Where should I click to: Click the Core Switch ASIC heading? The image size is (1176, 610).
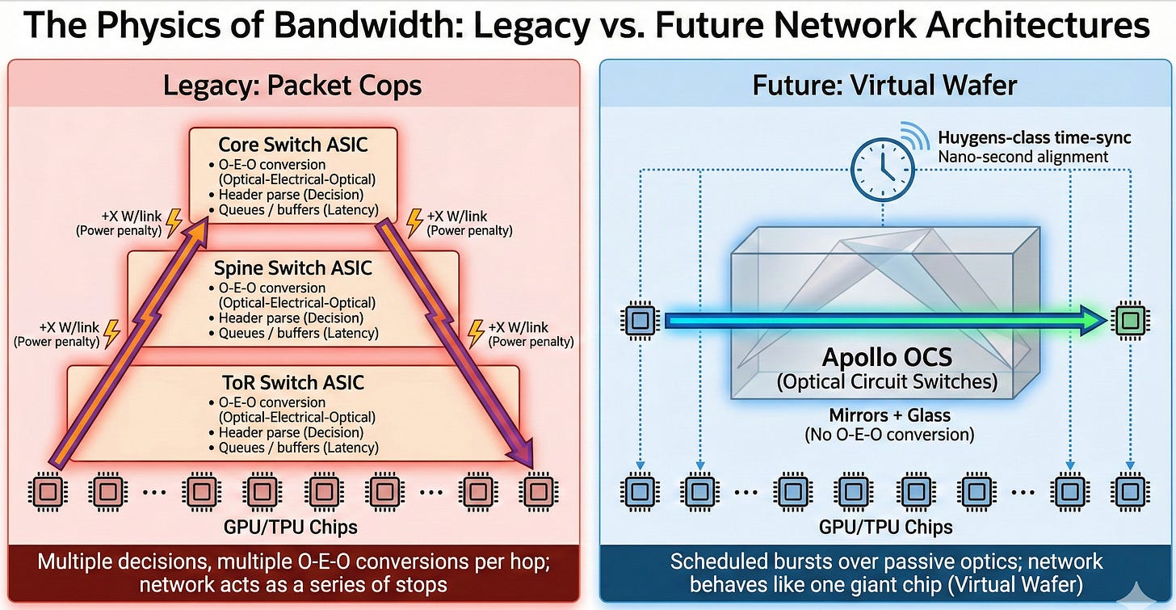point(293,145)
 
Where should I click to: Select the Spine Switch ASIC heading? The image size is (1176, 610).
point(293,267)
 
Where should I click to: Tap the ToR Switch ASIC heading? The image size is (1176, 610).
point(293,382)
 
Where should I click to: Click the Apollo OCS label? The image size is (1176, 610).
point(886,356)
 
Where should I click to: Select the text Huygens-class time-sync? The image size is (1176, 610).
point(1035,138)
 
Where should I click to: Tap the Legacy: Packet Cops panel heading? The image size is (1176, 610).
point(292,84)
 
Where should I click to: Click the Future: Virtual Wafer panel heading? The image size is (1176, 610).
point(885,84)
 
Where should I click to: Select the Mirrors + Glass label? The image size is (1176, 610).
point(888,415)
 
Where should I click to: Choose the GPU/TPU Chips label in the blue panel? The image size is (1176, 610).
point(886,528)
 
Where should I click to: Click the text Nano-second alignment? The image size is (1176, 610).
point(1023,157)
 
